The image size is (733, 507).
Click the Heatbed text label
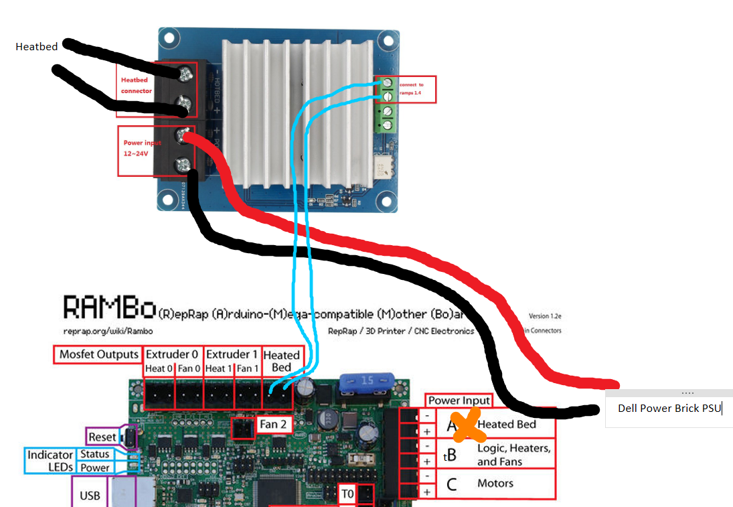(36, 47)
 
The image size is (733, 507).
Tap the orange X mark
(469, 427)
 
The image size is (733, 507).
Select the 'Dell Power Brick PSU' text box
(669, 408)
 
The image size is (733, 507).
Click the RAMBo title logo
(110, 309)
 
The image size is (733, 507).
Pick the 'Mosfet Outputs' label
(98, 355)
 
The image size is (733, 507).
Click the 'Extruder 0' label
(172, 355)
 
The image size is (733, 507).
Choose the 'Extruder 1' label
(231, 355)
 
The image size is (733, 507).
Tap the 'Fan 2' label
(273, 424)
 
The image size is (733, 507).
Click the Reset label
(102, 437)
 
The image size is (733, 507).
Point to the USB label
(90, 496)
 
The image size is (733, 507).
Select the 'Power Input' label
(459, 401)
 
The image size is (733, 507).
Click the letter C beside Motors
(452, 484)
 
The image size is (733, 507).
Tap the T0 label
(347, 494)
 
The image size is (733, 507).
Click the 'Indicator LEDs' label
(50, 461)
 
